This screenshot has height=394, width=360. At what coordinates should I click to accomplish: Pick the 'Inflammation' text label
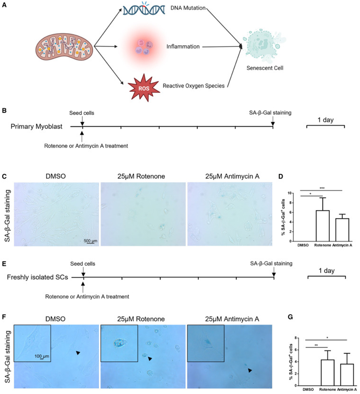click(183, 46)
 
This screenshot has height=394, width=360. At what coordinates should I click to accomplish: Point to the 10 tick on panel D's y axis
click(303, 194)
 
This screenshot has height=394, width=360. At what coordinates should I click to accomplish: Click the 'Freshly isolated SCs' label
click(36, 277)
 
